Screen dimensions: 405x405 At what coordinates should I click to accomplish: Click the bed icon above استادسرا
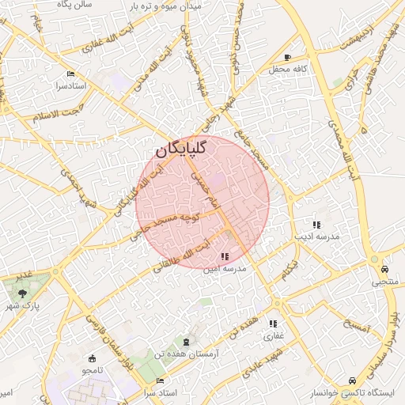point(71,74)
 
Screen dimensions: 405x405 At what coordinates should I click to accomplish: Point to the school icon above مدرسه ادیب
point(316,225)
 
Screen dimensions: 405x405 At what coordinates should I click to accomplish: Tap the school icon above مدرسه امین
point(225,256)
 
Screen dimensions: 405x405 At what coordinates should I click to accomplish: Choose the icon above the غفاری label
point(273,324)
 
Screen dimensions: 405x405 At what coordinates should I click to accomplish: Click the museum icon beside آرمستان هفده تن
point(186,341)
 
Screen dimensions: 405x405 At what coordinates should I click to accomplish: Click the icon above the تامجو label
point(93,358)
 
